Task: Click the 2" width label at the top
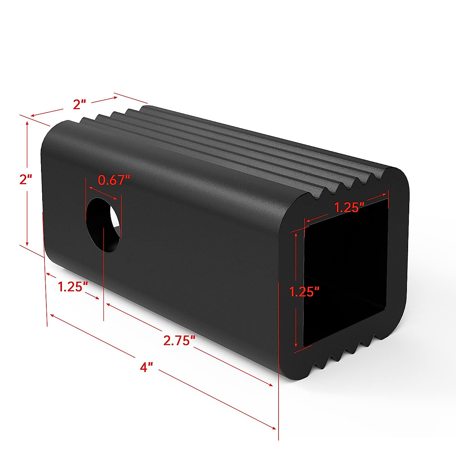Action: pyautogui.click(x=80, y=104)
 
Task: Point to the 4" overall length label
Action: pyautogui.click(x=146, y=367)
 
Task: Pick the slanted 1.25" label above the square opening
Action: pyautogui.click(x=349, y=207)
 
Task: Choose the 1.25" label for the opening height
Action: pyautogui.click(x=304, y=292)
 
